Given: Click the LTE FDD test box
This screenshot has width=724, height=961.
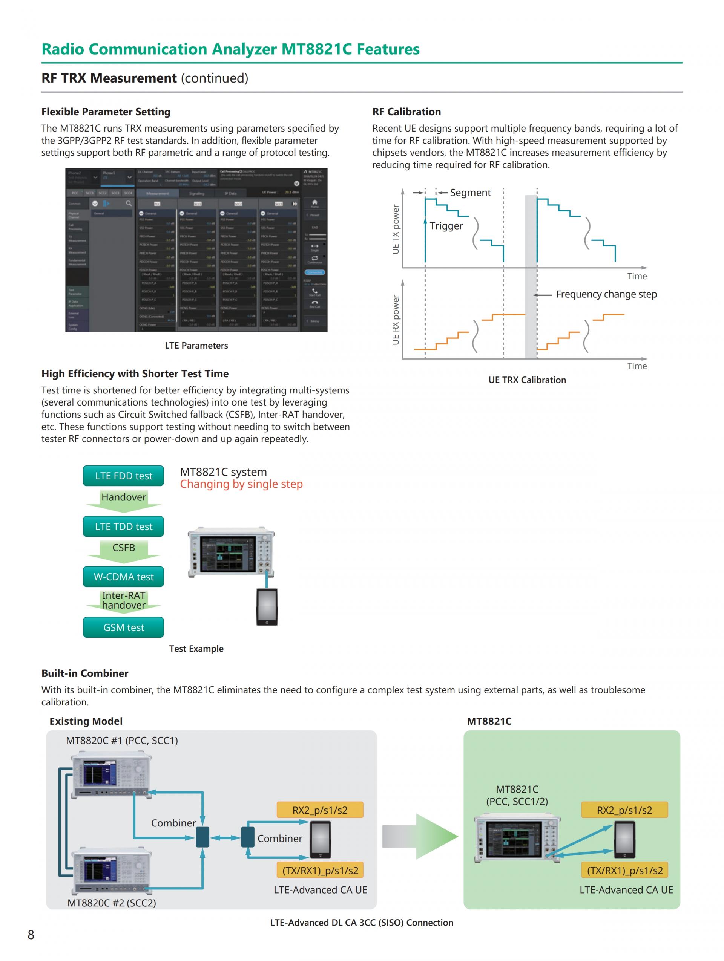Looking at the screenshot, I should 123,476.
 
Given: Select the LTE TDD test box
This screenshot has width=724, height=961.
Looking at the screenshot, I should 123,526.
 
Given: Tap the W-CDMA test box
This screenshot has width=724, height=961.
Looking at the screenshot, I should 123,577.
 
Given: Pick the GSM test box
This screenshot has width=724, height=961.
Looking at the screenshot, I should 123,627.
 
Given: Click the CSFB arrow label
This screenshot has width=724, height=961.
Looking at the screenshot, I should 123,548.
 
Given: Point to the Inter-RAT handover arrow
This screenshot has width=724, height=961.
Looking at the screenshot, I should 123,601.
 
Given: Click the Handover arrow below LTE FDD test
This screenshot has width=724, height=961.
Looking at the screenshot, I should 123,497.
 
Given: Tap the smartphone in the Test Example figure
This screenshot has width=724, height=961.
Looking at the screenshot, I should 267,606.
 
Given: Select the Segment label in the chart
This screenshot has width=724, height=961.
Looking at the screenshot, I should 470,193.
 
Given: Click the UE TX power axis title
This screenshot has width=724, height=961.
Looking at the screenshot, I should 396,230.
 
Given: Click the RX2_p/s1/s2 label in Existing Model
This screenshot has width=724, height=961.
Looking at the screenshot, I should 320,810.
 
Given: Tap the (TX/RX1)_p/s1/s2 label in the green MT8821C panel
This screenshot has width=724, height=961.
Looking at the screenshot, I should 625,870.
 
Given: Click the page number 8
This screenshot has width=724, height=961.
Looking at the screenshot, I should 31,935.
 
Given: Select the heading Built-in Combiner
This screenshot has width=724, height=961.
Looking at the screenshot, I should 85,673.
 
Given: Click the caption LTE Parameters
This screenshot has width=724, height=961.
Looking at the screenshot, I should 196,345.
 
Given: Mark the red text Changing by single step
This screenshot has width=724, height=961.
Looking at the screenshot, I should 241,484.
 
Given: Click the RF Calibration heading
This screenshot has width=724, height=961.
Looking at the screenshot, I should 406,112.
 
